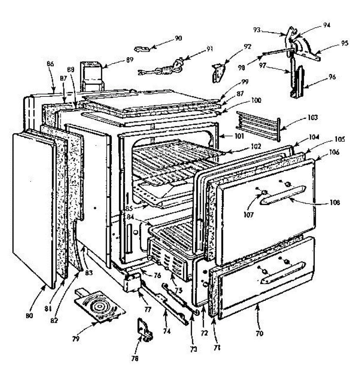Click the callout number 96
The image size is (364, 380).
(332, 77)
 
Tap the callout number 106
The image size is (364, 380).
(334, 152)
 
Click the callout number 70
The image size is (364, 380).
(259, 333)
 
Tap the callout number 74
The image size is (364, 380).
(167, 331)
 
